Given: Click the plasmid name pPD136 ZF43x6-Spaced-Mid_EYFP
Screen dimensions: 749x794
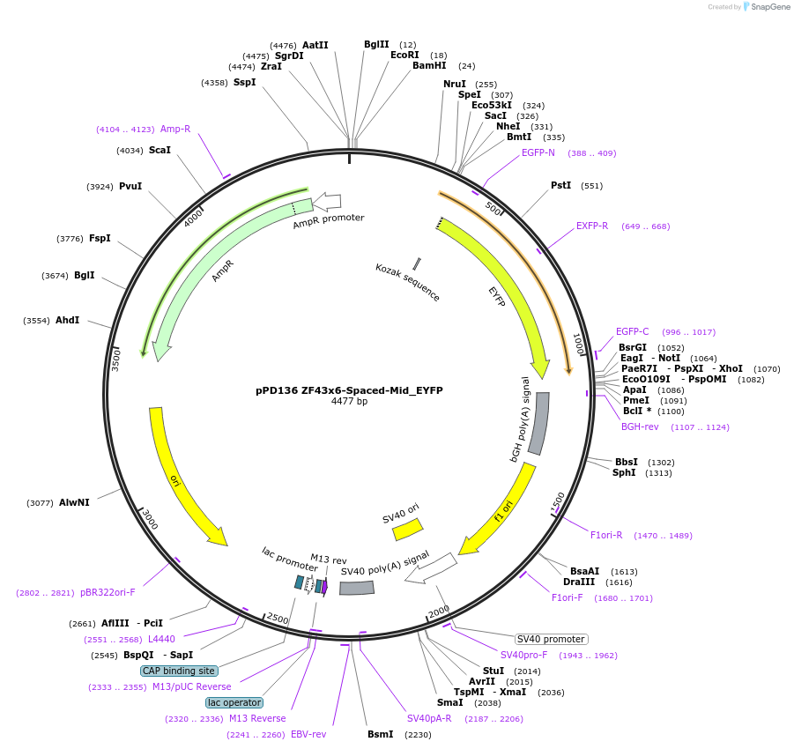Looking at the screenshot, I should (349, 389).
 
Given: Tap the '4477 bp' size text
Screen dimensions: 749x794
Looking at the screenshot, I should (349, 402).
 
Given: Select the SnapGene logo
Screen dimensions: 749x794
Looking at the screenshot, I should (763, 7).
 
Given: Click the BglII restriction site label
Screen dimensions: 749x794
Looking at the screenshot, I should (376, 44).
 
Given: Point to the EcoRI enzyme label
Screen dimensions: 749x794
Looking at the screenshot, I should (404, 55).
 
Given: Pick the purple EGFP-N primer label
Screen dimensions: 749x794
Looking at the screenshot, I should (538, 152).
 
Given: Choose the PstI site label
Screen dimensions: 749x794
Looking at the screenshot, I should (560, 185).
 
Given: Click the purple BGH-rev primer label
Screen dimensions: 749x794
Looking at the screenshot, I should (640, 426).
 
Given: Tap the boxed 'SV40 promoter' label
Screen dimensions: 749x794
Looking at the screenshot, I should (552, 639).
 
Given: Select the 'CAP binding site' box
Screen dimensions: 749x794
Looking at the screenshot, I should (179, 671).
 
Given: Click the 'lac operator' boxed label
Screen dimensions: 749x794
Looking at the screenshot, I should (234, 702).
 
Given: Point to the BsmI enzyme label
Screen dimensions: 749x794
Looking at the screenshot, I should (381, 734).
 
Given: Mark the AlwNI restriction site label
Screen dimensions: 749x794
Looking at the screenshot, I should (74, 502).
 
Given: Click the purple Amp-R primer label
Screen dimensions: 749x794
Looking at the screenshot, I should (175, 129).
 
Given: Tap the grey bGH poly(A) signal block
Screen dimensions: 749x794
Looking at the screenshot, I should (538, 423).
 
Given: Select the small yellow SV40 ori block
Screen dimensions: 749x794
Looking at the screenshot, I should (408, 528).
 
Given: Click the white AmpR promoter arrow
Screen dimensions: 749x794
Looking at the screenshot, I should (327, 202).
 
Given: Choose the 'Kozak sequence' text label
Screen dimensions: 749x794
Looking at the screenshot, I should (407, 282).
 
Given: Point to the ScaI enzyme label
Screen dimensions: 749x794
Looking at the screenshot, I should (160, 150).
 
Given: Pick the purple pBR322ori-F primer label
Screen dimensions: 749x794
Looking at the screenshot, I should (108, 592).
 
